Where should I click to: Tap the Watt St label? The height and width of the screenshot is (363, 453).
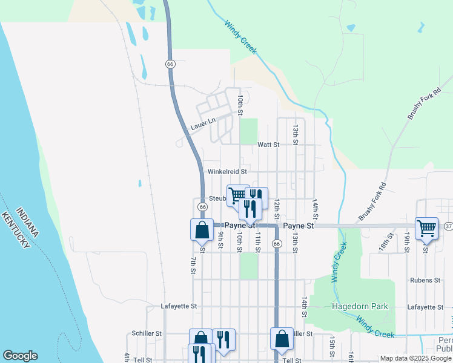point(268,145)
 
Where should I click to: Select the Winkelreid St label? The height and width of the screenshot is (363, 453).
point(227,172)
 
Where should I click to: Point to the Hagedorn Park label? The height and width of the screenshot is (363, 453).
point(360,306)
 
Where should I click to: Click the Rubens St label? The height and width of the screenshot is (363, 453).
point(425,280)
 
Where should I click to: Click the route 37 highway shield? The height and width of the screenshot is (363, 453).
point(448,226)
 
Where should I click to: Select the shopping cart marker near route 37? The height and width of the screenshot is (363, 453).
point(426,228)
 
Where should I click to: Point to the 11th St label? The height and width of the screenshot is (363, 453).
point(257,241)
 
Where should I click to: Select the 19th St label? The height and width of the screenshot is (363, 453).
point(408,241)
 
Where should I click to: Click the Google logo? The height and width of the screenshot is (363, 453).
point(20,356)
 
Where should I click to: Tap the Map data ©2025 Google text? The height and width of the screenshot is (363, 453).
point(415,358)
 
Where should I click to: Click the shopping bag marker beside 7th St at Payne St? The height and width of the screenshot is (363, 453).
point(202,230)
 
